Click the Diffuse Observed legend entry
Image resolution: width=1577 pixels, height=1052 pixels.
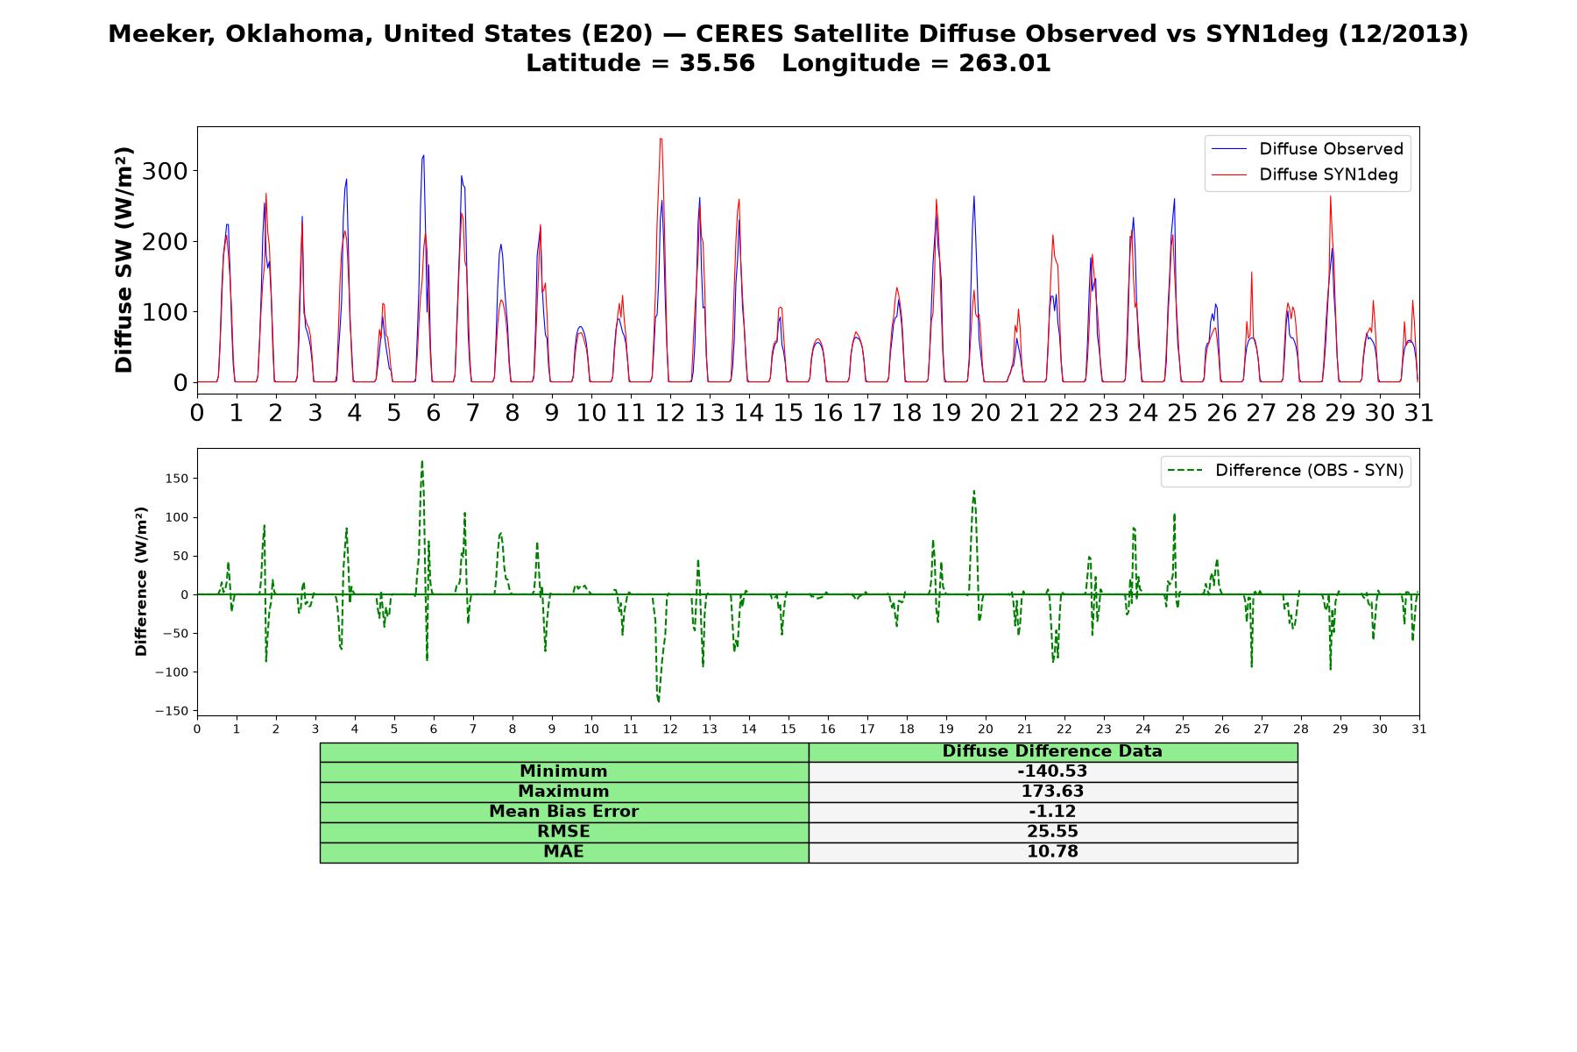(x=1307, y=149)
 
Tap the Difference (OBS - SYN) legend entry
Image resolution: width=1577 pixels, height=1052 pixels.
(x=1285, y=471)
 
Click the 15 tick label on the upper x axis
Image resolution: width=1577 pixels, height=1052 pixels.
(x=788, y=412)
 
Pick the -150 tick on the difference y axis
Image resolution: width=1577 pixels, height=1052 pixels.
(x=172, y=711)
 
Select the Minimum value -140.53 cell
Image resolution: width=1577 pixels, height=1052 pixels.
(x=1052, y=771)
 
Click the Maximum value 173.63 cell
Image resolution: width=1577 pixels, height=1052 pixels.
(x=1052, y=792)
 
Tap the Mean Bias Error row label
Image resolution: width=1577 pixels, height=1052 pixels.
(x=563, y=812)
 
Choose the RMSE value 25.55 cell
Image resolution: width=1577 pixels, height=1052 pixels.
(x=1052, y=832)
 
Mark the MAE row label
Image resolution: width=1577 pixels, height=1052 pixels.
(x=563, y=852)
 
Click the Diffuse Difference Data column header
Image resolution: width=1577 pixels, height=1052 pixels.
(x=1052, y=751)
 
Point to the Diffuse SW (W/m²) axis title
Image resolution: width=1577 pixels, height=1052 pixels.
(x=124, y=260)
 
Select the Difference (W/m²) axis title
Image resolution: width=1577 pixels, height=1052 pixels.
(x=141, y=581)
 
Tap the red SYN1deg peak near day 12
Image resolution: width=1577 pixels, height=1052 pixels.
(x=661, y=139)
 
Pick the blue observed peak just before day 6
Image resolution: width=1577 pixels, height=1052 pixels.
(x=423, y=156)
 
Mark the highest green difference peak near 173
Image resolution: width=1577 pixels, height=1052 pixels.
(x=422, y=461)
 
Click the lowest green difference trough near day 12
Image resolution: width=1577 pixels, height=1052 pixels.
(x=659, y=701)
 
